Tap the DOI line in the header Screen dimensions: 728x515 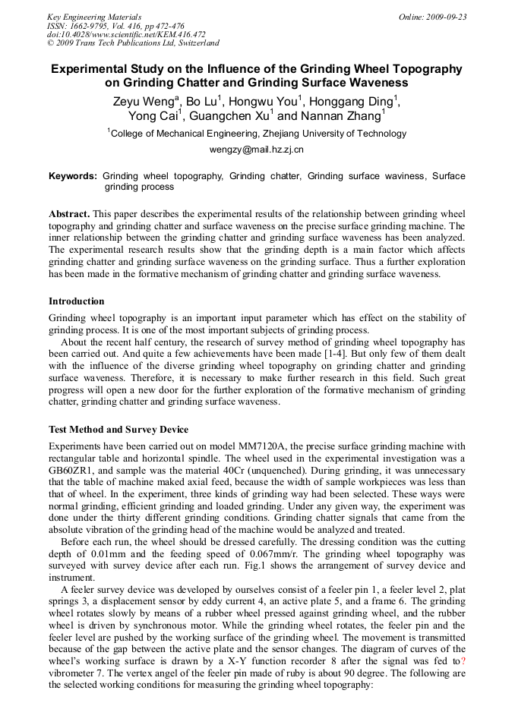[x=126, y=35]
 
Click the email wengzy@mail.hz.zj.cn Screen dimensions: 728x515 [x=257, y=150]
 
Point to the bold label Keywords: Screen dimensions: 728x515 [x=72, y=176]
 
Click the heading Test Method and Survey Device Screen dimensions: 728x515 [x=118, y=430]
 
